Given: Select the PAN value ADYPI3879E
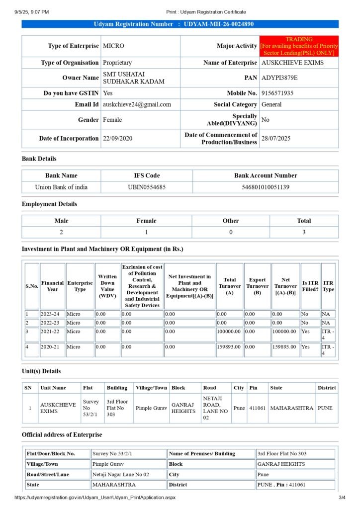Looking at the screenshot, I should tap(279, 78).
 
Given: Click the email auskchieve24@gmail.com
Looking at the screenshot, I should tap(137, 104).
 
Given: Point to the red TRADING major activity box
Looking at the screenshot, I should tap(299, 46).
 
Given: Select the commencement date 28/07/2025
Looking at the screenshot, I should tap(276, 138).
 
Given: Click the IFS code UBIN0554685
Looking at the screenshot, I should tap(147, 187).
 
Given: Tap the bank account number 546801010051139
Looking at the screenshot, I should tap(266, 187).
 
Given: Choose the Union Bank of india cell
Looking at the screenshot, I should tap(61, 187).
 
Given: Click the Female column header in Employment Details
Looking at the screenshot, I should tap(146, 221).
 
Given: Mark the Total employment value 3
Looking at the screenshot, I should tap(304, 233).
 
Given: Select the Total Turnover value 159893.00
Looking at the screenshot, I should tap(229, 346).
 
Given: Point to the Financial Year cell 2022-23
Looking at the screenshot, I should tap(52, 323).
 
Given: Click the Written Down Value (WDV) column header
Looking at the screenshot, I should tap(107, 286).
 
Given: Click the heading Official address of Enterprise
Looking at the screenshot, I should tap(62, 434).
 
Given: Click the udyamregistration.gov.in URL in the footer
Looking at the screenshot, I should tap(95, 497).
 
